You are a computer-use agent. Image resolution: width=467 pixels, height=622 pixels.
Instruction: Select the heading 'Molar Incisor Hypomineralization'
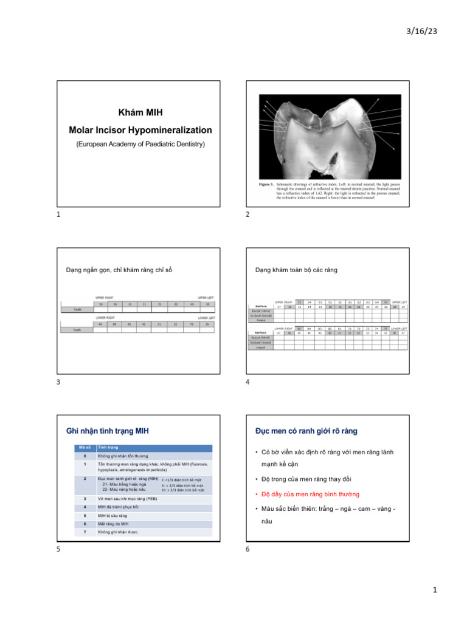[x=140, y=130]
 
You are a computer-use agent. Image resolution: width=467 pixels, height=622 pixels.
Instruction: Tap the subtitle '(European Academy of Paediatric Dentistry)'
[x=140, y=144]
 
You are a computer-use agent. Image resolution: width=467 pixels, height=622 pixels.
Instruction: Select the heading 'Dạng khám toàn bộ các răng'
[x=296, y=270]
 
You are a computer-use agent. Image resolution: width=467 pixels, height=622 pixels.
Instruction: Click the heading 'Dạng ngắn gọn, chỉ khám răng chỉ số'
[x=119, y=270]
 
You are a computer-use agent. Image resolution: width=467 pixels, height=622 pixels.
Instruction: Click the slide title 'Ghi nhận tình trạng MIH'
[x=107, y=431]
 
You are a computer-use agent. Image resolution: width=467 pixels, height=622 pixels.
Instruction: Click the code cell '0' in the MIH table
[x=85, y=456]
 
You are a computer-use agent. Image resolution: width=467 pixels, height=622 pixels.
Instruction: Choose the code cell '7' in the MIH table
[x=85, y=532]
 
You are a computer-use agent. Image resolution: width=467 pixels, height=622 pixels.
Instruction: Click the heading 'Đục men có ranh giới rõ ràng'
[x=306, y=431]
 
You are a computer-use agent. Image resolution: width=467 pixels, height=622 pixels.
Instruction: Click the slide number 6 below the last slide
[x=247, y=550]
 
